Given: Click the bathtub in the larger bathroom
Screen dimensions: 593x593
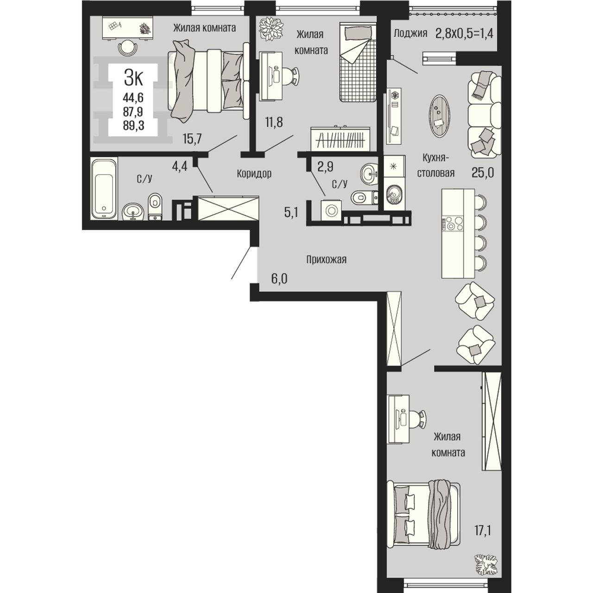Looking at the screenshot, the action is (x=104, y=188).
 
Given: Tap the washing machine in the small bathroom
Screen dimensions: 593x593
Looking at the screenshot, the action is (x=331, y=211).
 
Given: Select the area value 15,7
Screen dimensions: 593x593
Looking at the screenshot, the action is (x=192, y=139).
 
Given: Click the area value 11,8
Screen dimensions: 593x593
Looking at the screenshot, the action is (x=273, y=123).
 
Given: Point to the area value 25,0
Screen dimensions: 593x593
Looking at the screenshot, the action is (x=483, y=173).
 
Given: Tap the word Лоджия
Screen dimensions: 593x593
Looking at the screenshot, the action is (x=410, y=33).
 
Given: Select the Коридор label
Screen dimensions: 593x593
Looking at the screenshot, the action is (x=254, y=174).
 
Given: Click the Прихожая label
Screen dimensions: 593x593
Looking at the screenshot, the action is (x=326, y=259).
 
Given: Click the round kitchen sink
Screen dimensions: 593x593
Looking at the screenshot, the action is (x=394, y=194).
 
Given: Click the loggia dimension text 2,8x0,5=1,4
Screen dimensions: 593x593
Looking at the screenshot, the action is (x=464, y=33).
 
